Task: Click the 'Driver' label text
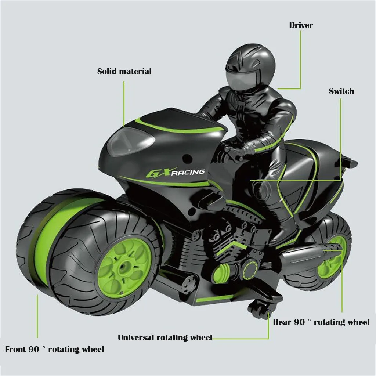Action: tap(301, 25)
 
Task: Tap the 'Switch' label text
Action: tap(341, 91)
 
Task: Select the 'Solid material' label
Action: tap(124, 71)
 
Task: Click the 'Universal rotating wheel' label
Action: tap(165, 337)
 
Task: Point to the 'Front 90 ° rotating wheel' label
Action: tap(54, 349)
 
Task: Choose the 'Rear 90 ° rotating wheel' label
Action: tap(321, 322)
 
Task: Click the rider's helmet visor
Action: tap(240, 79)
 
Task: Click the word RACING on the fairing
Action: tap(188, 172)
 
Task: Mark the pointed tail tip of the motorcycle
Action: tap(357, 163)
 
